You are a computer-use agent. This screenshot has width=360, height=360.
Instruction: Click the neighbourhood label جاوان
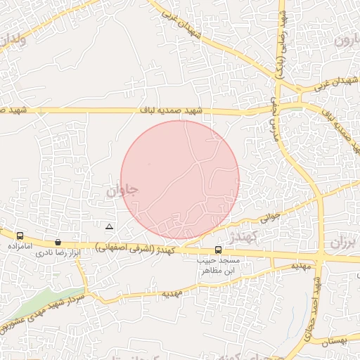pos(123,191)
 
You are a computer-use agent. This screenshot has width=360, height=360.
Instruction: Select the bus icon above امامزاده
pos(20,236)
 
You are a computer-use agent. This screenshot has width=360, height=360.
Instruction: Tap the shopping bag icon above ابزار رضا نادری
pos(58,242)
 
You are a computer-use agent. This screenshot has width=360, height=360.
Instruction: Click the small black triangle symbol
pos(109,226)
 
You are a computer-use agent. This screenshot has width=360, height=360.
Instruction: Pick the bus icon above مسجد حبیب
pos(218,250)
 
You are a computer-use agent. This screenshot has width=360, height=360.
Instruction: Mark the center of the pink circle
pos(180,180)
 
